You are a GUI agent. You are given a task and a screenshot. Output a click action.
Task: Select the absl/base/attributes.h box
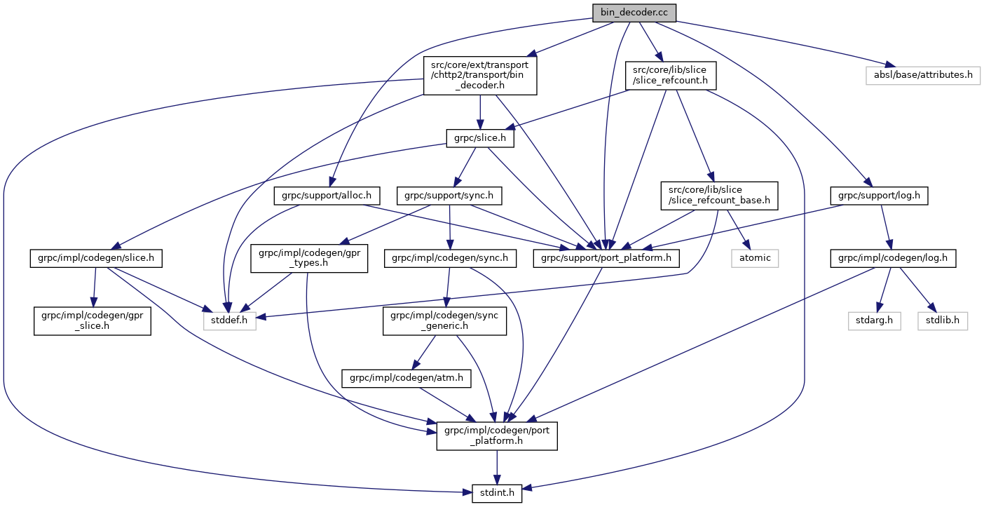coord(922,74)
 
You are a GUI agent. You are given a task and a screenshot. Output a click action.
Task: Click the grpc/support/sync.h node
coord(450,196)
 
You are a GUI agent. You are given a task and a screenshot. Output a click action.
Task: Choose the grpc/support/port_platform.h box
coord(606,259)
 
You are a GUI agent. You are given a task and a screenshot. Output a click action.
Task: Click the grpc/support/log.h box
coord(879,196)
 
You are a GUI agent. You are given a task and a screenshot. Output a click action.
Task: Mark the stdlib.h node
coord(943,322)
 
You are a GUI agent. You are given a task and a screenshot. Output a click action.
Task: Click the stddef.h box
coord(230,322)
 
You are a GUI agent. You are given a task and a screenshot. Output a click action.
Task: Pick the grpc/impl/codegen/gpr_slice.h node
coord(93,322)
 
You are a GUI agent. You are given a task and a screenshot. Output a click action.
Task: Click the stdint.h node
coord(497,493)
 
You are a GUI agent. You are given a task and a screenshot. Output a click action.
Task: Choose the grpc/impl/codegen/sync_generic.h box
coord(444,322)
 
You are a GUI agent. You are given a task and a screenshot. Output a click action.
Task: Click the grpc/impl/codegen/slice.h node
coord(96,259)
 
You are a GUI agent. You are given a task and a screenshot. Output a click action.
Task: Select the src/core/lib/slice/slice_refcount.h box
coord(670,74)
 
